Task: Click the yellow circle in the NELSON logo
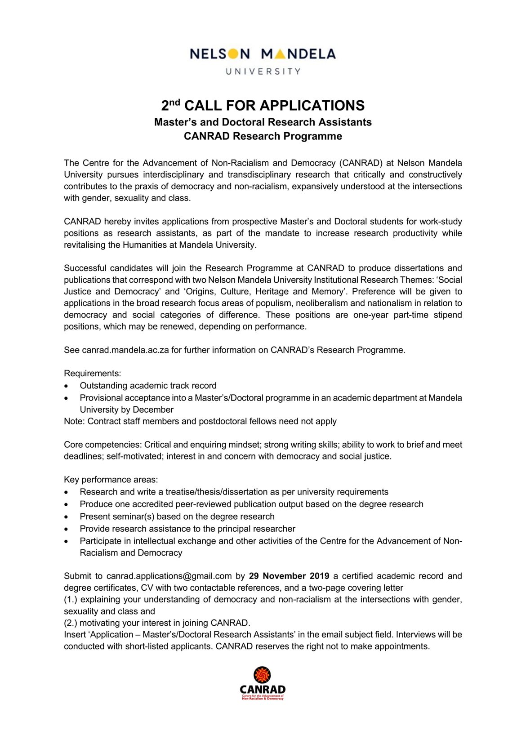233,54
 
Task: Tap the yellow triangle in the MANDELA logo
280,54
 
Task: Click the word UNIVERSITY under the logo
263,71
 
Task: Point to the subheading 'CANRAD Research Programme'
263,136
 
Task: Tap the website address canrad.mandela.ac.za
125,350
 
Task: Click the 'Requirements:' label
93,373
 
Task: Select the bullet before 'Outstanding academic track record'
67,386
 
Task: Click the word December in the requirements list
153,410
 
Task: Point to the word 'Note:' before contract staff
74,421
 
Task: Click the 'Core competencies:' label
103,445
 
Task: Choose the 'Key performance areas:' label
111,480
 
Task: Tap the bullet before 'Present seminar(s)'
67,517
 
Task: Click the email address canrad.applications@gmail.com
169,576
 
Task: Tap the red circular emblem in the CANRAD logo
262,675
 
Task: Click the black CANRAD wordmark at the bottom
263,689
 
